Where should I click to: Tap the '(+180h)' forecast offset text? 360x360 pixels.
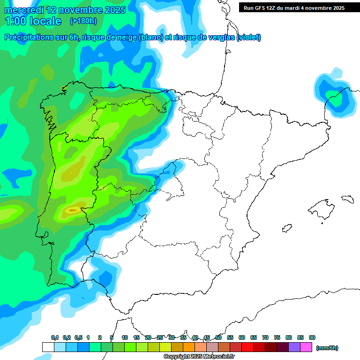[83, 21]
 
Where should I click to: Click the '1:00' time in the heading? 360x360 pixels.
[15, 21]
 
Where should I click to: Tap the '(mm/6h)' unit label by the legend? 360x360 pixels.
[327, 348]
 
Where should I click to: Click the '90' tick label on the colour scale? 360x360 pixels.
[312, 337]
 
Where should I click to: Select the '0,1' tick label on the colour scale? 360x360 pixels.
[55, 337]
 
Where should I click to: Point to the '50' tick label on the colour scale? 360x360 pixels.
[218, 337]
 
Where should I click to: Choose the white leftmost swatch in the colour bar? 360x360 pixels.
[48, 347]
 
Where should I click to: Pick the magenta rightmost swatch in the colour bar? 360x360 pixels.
[306, 347]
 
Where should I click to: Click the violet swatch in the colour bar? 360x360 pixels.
[294, 347]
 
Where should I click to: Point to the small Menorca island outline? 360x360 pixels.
[347, 199]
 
